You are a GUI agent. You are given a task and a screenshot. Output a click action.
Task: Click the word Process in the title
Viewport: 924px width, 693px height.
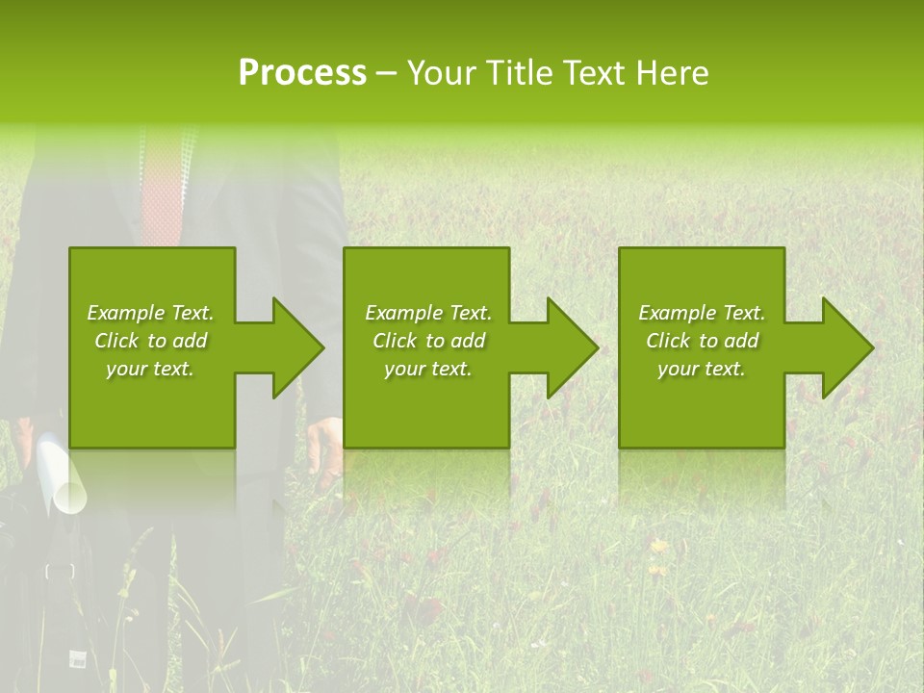(302, 73)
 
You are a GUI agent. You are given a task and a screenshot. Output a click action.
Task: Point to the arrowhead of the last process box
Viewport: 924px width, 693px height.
(846, 347)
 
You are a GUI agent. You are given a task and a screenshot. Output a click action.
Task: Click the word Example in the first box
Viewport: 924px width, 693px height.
(125, 313)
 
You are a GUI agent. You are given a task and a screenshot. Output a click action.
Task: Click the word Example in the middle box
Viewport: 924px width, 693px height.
(403, 313)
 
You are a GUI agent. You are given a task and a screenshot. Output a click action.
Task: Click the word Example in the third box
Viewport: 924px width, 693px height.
(677, 313)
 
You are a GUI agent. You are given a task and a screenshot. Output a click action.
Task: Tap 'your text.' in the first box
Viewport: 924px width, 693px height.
(150, 369)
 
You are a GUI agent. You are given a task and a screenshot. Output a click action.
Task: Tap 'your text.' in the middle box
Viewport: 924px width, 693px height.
(427, 369)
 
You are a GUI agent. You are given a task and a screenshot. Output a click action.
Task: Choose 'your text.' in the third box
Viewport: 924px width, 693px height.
(701, 369)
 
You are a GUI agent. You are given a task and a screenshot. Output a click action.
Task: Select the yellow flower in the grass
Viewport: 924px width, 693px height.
(658, 547)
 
